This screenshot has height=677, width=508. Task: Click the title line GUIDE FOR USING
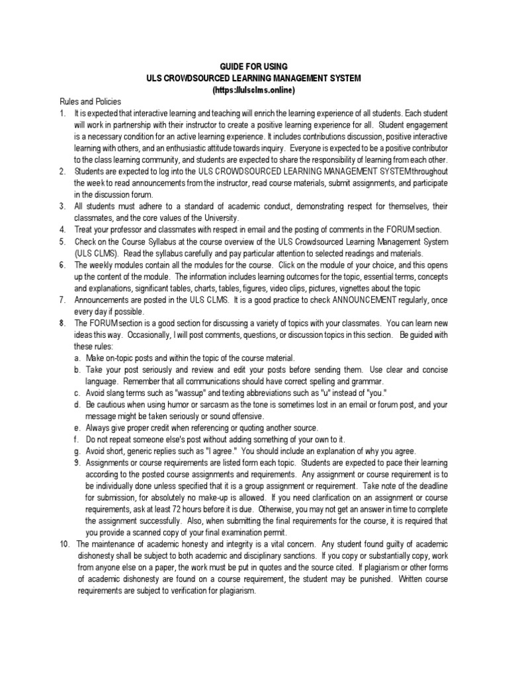pos(253,67)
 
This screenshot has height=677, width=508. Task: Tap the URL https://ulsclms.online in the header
pos(253,89)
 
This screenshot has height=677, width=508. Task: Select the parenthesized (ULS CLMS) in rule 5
pos(97,254)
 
